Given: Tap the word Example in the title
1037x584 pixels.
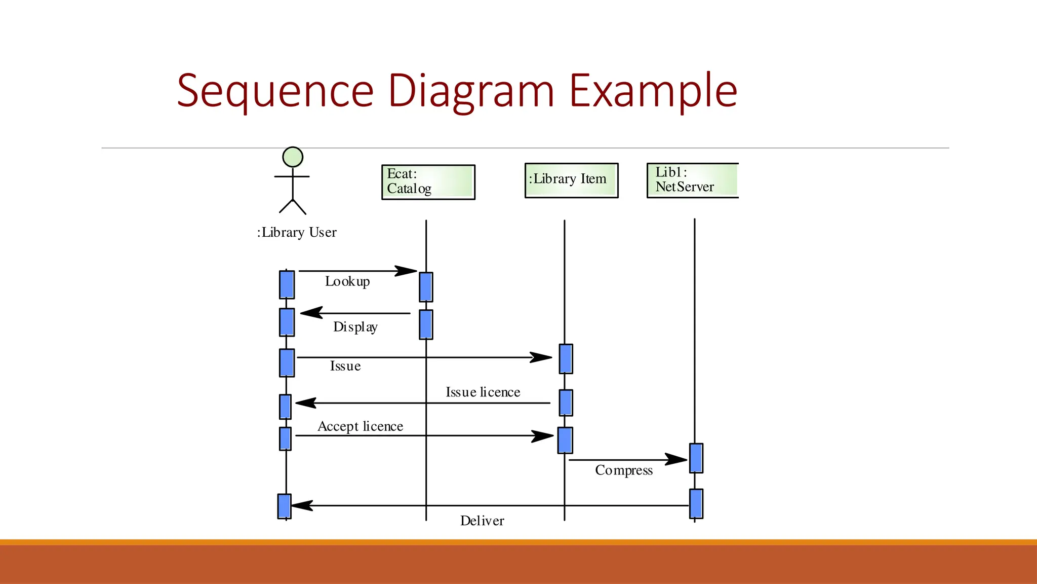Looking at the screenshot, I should pos(653,91).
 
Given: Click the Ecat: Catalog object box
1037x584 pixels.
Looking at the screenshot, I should pos(428,182).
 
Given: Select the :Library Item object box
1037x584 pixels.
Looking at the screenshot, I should pos(571,180).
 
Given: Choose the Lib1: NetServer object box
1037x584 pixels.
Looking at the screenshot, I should pos(692,180).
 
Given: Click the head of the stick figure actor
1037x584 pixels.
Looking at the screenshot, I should pos(293,157).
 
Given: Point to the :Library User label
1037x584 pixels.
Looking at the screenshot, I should pos(297,232).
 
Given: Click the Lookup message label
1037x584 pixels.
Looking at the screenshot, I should pos(347,281).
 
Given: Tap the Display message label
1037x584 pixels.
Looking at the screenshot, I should pos(355,327).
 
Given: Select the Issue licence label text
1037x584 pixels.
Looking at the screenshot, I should pos(483,392).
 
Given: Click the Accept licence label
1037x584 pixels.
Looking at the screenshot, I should pos(360,426).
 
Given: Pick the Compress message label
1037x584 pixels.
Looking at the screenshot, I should pos(624,470).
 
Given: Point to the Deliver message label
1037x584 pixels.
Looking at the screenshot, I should pos(482,521).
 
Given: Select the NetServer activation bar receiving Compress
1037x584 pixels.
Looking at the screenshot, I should pos(696,458).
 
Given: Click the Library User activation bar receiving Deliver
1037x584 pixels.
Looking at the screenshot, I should pos(285,506).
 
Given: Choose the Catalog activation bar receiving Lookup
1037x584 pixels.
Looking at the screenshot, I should pos(426,287).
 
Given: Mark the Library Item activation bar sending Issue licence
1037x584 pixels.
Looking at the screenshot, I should pos(566,403).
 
